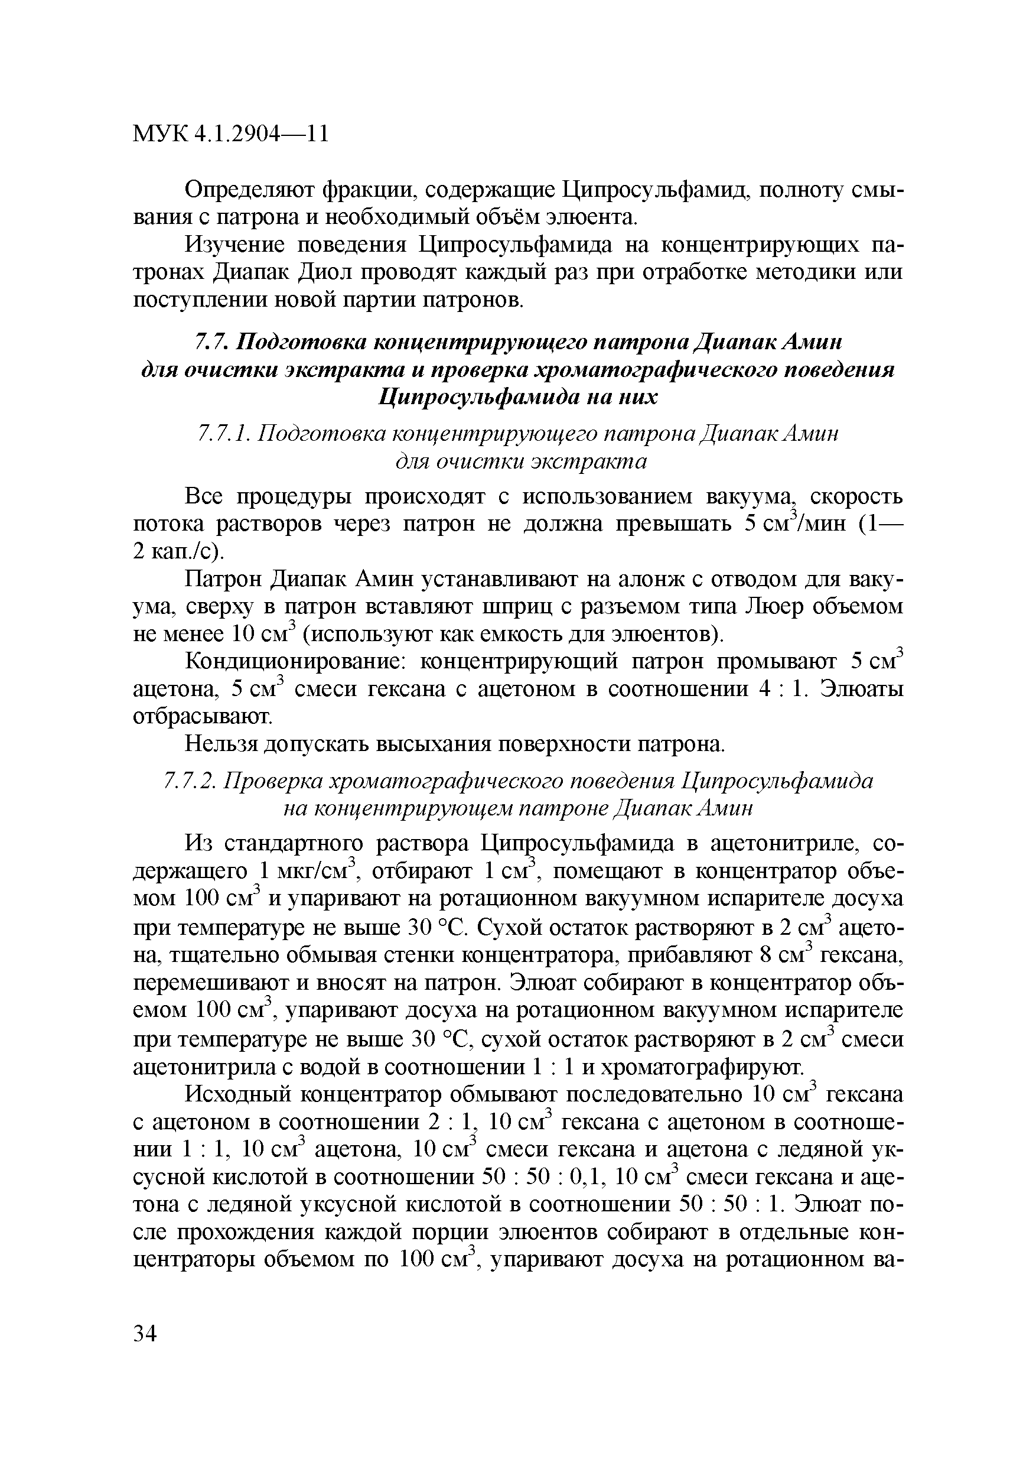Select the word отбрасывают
[x=202, y=717]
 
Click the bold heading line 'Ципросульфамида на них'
[x=517, y=397]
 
